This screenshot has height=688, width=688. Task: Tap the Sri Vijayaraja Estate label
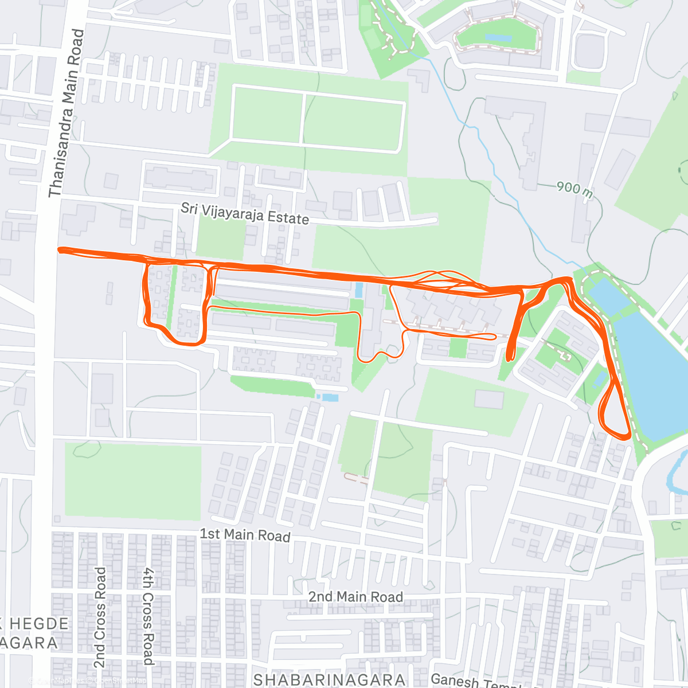245,214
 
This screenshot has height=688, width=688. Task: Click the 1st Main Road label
245,535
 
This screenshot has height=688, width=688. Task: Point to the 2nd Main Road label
355,597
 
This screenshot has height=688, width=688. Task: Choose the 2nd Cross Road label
100,617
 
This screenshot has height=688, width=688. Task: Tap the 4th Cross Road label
148,616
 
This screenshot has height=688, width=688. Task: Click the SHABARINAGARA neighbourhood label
329,680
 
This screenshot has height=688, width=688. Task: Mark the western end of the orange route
60,249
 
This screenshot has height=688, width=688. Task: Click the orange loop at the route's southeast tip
615,416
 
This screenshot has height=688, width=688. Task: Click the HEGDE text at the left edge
39,624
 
